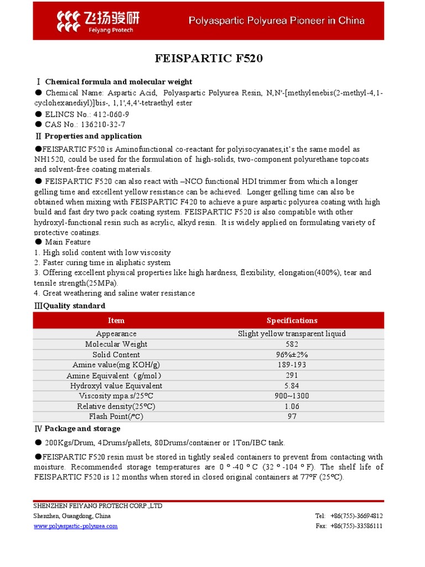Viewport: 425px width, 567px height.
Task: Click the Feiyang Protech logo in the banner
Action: coord(98,20)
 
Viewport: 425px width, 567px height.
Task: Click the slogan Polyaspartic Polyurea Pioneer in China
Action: coord(277,21)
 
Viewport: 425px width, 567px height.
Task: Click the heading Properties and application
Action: coord(93,136)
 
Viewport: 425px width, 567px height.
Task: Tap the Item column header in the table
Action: coord(116,321)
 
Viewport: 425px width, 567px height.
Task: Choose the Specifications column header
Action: coord(292,321)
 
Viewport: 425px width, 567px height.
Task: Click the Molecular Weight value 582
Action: coord(292,344)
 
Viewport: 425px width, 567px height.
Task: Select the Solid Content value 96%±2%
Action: coord(292,354)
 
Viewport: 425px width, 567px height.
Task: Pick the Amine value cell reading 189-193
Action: coord(292,365)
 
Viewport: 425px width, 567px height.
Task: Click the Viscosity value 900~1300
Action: coord(292,396)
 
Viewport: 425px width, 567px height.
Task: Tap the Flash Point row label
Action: coord(116,416)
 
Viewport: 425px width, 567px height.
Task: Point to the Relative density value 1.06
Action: coord(292,406)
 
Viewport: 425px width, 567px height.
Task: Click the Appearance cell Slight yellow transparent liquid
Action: coord(292,333)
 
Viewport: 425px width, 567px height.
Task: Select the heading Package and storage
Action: coord(82,429)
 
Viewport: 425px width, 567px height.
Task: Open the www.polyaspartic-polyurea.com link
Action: coord(76,526)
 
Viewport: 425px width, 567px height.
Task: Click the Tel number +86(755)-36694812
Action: coord(356,516)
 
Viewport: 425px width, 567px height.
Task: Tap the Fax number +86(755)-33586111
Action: coord(356,526)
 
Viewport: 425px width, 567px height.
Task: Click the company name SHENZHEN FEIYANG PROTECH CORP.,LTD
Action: coord(98,506)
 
